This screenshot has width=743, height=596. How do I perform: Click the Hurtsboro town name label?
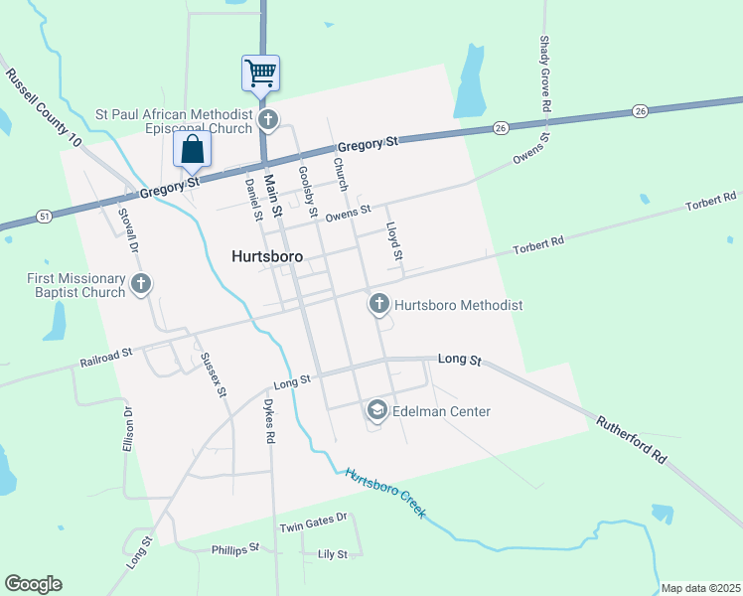[x=267, y=254]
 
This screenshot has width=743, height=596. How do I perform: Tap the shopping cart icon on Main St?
[x=260, y=73]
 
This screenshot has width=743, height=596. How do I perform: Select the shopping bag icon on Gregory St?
[x=193, y=150]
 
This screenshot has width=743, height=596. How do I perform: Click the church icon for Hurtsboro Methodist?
[x=378, y=304]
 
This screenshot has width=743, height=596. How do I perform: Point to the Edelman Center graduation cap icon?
[x=377, y=409]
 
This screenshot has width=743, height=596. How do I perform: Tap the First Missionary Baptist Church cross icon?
[x=141, y=285]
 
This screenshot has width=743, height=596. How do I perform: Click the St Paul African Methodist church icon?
[x=267, y=121]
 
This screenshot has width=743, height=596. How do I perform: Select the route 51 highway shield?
[x=44, y=215]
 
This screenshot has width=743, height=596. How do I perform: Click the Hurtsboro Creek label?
[x=385, y=492]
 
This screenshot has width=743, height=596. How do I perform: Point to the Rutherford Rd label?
[x=631, y=439]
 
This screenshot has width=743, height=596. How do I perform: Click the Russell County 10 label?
[x=43, y=109]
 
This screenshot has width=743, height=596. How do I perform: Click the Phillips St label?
[x=234, y=548]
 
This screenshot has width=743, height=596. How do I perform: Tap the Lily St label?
[x=332, y=554]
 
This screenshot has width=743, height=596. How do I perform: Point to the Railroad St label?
[x=106, y=359]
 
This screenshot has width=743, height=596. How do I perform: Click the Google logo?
[x=33, y=583]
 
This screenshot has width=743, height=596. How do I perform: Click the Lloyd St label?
[x=394, y=241]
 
